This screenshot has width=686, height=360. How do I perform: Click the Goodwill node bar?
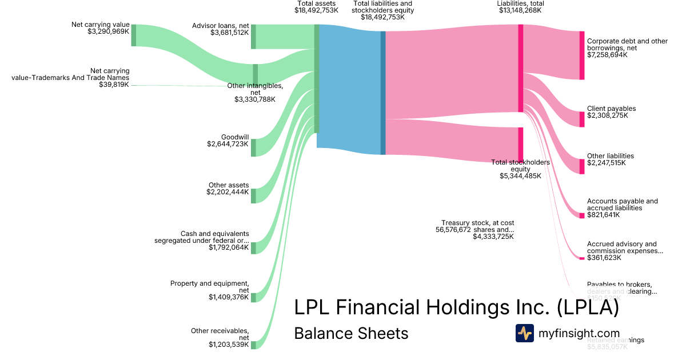253,147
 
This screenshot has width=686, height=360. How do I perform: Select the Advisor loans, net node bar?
253,37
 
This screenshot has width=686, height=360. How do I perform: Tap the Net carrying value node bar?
134,35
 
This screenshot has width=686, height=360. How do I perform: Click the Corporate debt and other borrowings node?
582,55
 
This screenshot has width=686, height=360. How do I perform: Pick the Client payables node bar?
582,119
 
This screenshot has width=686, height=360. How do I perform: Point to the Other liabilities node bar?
582,166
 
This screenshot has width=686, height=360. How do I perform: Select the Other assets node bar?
253,195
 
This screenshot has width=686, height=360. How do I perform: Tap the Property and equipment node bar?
253,297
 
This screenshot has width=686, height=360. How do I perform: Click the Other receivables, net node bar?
253,345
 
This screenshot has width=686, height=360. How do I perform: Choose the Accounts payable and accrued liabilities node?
582,215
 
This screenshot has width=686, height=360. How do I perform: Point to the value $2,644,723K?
228,145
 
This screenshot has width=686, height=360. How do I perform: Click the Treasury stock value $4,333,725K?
493,237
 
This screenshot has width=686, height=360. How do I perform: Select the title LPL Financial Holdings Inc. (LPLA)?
456,308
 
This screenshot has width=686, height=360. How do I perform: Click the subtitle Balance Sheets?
351,333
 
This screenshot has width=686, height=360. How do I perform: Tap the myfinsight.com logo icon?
525,333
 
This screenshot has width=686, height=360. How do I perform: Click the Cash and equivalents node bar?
253,247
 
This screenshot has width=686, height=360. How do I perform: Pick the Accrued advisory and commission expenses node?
582,258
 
